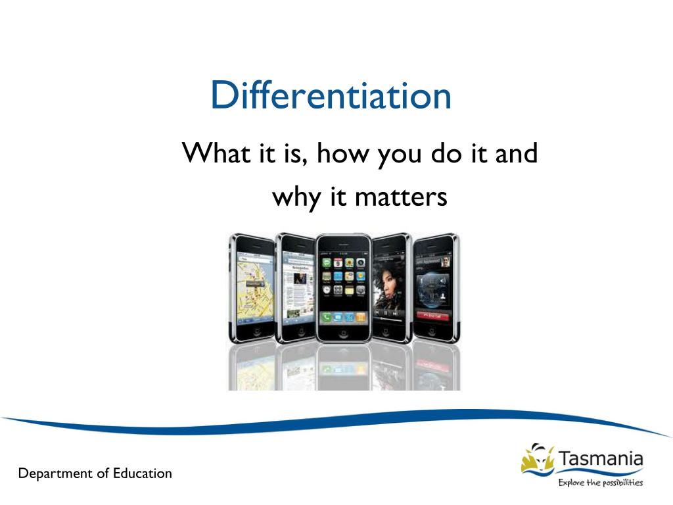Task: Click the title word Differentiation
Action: (x=331, y=95)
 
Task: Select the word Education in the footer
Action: (x=142, y=473)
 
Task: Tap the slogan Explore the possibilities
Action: (x=600, y=483)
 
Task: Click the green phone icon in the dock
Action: (x=326, y=318)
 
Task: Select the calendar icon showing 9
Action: (x=338, y=262)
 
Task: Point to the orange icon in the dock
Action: (x=360, y=318)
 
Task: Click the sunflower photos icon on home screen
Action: (x=349, y=262)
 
